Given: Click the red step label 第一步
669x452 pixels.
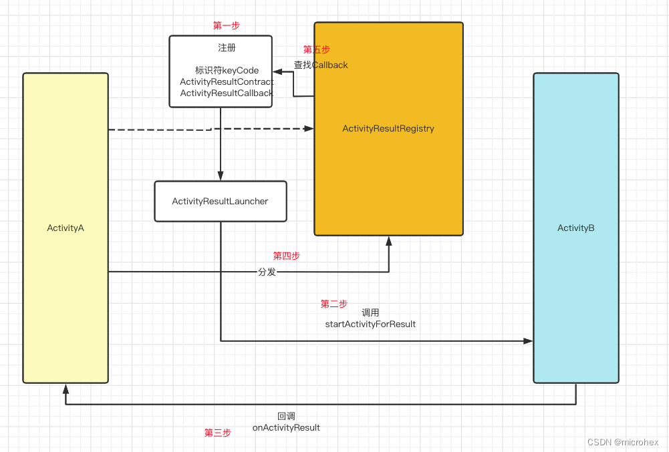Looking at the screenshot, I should pos(226,25).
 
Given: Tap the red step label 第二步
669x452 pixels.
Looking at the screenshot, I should pos(333,304).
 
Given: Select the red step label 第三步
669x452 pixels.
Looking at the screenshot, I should pos(217,433).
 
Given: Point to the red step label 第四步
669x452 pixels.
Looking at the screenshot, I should pos(286,256).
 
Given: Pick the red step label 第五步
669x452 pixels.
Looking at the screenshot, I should pos(316,49).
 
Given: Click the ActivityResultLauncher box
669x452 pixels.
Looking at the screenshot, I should pos(220,201).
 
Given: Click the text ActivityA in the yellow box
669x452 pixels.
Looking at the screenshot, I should pos(65,228).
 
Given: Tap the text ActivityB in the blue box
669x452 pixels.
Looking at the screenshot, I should pos(575,228).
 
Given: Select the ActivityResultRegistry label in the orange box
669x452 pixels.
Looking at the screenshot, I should pos(388,128).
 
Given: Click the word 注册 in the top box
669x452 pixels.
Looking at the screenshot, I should pos(227,48).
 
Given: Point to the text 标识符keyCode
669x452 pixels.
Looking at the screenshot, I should pos(227,70).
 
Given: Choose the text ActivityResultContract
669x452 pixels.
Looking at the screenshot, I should pos(227,81).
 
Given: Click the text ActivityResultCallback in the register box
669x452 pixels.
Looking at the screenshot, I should pos(227,93).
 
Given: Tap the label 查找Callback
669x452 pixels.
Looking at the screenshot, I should pos(321,65).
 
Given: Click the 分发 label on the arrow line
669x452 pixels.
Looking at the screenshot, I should pos(267,272).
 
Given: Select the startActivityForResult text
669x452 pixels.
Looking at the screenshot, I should pos(370,324).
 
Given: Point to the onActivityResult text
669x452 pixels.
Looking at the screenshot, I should pos(286,427).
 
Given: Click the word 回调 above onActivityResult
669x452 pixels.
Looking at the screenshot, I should pos(286,416).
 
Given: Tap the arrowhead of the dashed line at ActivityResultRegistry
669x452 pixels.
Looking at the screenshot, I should pos(309,128).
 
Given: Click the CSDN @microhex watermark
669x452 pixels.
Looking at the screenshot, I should pos(622,442).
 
